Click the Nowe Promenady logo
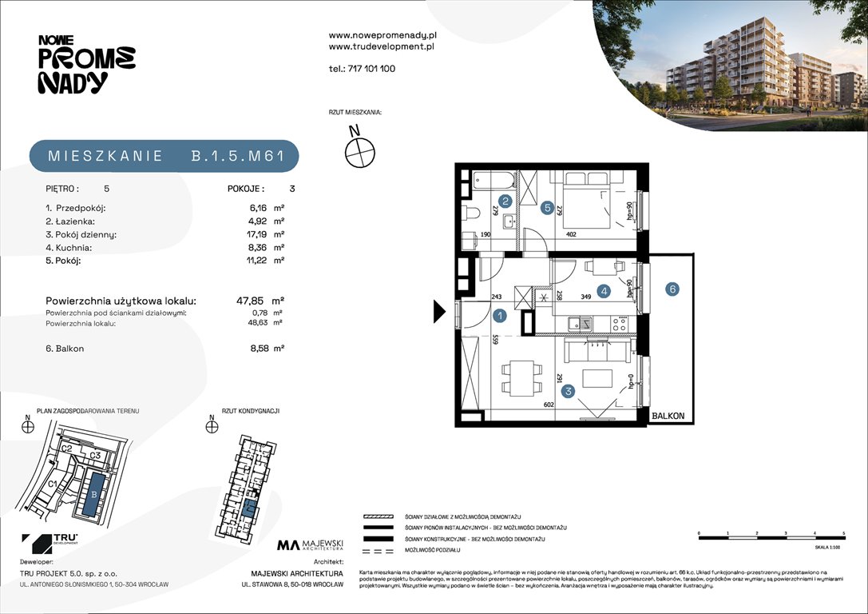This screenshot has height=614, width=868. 86,64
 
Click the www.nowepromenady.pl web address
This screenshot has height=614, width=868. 382,35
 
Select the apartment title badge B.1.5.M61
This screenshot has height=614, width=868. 164,156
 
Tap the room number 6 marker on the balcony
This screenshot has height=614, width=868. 673,289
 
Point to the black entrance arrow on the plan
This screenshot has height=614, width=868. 438,311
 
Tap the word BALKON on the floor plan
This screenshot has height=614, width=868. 667,417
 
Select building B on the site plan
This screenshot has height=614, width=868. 95,493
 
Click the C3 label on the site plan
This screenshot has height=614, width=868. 96,456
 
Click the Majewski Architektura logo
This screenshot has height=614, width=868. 311,545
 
